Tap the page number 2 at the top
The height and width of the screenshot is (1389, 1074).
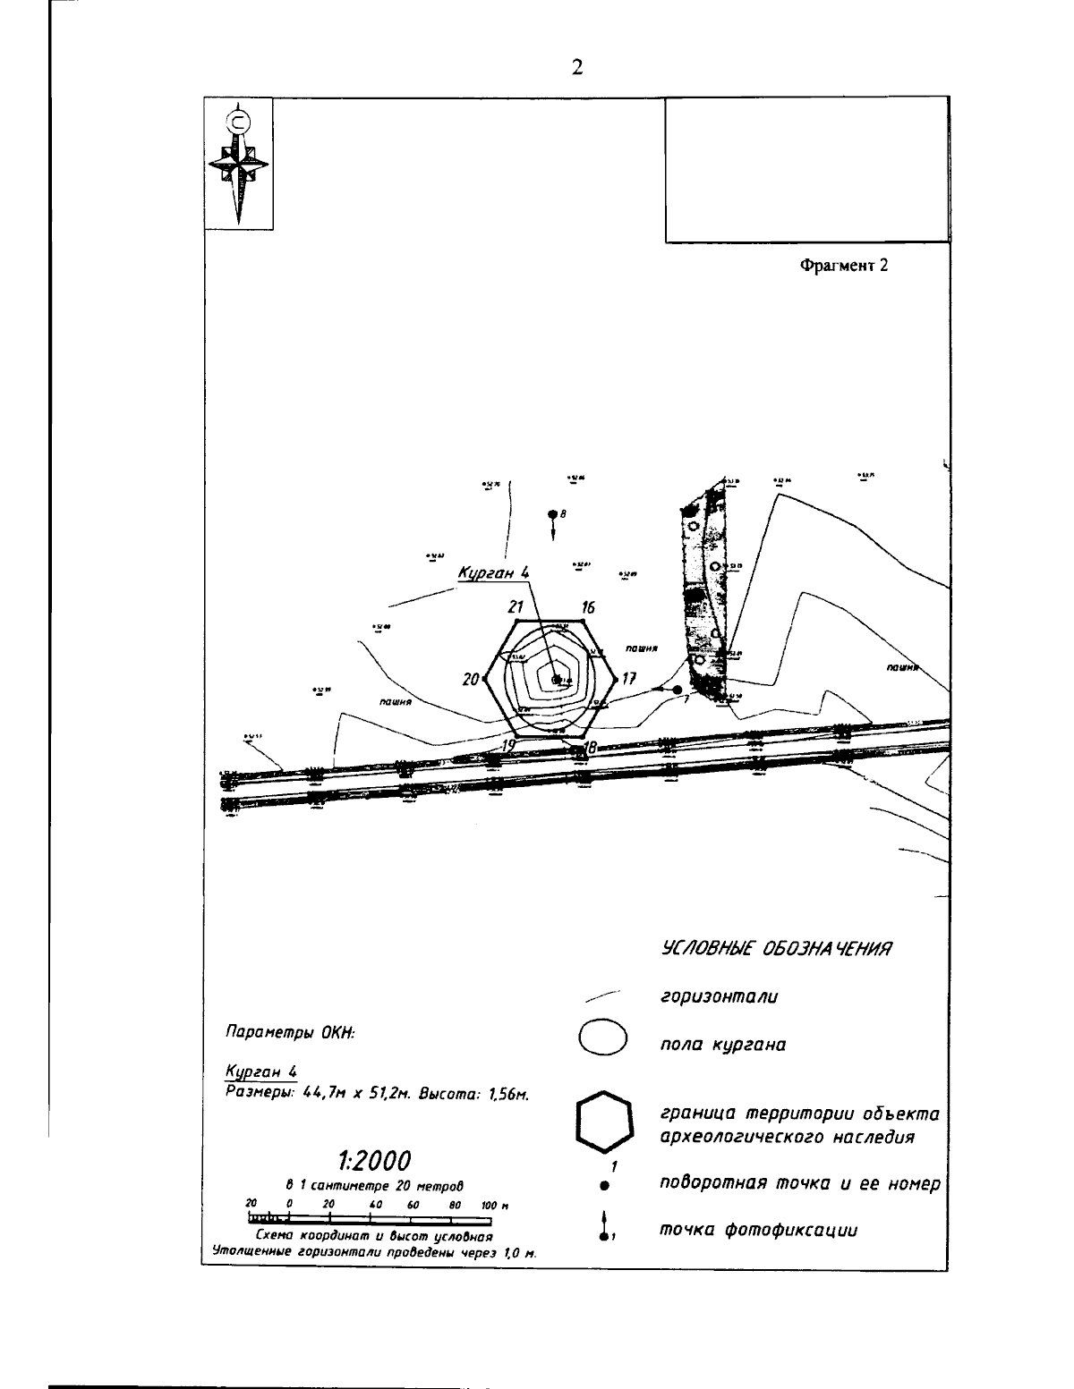click(x=577, y=67)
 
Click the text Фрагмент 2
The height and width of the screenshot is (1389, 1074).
click(x=844, y=266)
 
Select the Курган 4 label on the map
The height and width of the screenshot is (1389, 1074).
click(x=494, y=573)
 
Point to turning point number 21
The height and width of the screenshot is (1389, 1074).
click(x=516, y=607)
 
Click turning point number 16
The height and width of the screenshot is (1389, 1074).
click(x=588, y=607)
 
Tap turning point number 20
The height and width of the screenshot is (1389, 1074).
click(x=472, y=680)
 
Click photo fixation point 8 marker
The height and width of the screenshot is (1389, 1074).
click(x=553, y=515)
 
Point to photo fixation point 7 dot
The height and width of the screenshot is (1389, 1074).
click(x=677, y=690)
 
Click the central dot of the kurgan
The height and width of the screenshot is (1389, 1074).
click(x=556, y=680)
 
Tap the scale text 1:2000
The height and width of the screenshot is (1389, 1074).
click(x=374, y=1161)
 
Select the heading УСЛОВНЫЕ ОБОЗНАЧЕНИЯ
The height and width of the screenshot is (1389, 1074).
click(x=777, y=948)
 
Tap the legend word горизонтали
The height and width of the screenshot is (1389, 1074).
click(x=718, y=996)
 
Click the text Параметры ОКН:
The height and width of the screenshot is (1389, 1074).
click(x=290, y=1032)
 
